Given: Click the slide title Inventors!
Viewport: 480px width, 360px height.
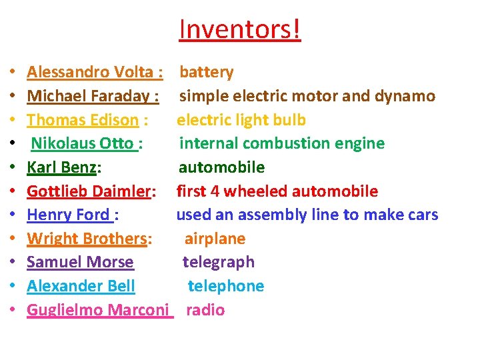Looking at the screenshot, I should pos(240,29).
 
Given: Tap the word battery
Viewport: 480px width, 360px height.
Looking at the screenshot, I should pos(207,72).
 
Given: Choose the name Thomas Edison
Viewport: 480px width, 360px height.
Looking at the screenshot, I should pos(83,120).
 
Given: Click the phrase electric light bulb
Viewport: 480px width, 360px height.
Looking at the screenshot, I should pos(241,120).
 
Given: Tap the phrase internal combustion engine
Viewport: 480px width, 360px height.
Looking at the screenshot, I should pos(282,143).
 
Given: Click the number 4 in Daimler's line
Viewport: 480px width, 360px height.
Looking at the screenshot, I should pos(215,191).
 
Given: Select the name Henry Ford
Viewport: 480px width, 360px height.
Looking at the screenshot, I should pos(68,215).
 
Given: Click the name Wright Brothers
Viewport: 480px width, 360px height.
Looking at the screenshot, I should pos(87,239).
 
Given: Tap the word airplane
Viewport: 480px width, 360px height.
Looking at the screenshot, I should pos(215,239).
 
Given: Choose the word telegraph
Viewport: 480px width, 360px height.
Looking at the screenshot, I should pos(219,262).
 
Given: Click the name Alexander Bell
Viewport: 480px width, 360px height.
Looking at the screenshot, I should pos(81,286).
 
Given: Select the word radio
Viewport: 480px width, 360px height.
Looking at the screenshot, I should pos(205,310).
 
